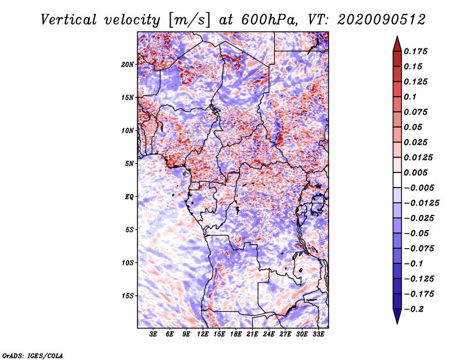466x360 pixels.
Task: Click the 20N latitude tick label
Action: click(128, 64)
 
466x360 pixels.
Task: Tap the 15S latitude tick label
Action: click(128, 295)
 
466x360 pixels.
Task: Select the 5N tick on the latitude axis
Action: click(129, 163)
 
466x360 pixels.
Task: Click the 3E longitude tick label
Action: click(153, 334)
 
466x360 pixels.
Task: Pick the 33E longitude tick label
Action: click(318, 334)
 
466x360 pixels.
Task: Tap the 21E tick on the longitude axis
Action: click(252, 334)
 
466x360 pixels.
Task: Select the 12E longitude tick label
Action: click(203, 334)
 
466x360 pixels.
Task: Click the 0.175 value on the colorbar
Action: click(417, 51)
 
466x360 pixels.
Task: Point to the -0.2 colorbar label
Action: click(417, 309)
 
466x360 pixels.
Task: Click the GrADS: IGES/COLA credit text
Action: click(32, 355)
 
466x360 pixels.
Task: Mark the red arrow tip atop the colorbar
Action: click(397, 40)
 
